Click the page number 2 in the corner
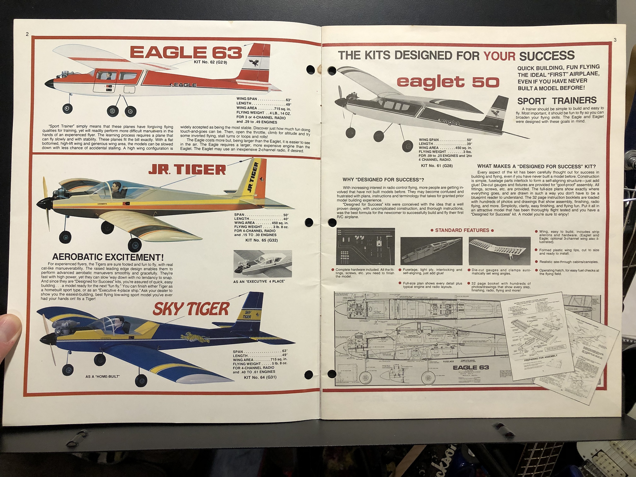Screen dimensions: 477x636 point(27,34)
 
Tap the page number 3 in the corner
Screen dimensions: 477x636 point(615,40)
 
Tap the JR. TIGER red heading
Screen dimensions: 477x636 point(187,170)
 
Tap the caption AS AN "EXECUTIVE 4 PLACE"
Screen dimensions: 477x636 point(259,282)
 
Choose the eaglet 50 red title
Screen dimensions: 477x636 point(448,83)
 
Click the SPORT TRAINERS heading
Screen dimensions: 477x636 point(557,101)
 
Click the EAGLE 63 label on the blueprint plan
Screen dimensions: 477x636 point(471,367)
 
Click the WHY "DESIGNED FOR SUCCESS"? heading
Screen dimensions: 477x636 point(383,180)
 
